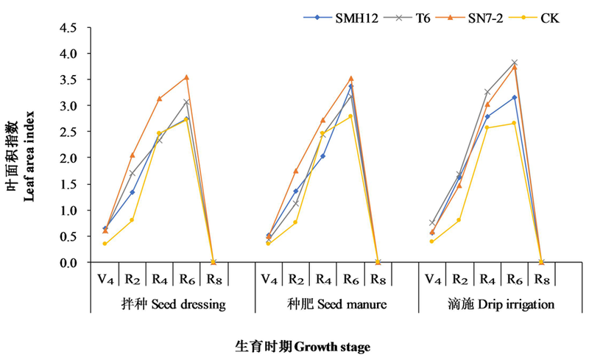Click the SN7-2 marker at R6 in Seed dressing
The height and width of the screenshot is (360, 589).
(187, 77)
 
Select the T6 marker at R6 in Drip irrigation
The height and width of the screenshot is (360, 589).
(514, 63)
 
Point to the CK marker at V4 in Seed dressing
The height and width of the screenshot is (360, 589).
(105, 244)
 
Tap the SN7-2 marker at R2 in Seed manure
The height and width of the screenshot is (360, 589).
(296, 171)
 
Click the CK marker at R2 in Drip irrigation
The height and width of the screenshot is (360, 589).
(459, 220)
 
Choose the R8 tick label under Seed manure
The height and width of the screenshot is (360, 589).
(378, 280)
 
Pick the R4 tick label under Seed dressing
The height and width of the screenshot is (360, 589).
(160, 280)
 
